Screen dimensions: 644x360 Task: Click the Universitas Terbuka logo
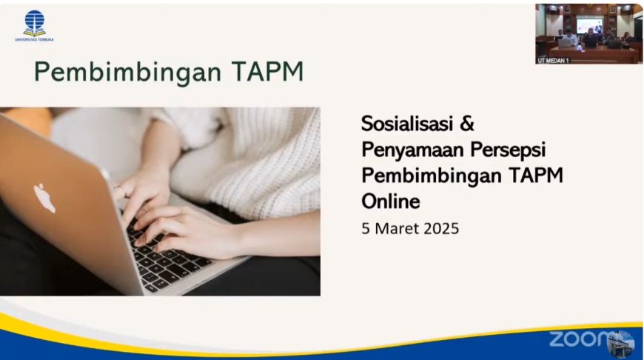pos(34,25)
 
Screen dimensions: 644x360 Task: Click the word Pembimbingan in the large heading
pos(128,73)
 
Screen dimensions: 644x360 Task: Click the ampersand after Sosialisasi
pos(467,123)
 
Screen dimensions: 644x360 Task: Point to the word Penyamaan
pos(412,150)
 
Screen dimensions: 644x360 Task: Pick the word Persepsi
pos(508,150)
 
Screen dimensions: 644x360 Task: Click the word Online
pos(391,201)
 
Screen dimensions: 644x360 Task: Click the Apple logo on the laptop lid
pos(44,198)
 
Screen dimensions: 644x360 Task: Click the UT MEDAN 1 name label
pos(553,61)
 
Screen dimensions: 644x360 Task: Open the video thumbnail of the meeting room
pos(588,34)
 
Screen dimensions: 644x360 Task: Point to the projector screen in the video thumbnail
pos(589,25)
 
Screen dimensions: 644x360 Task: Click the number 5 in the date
pos(366,228)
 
